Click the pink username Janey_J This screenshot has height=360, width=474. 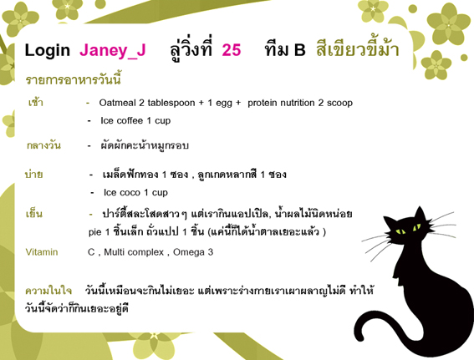tap(113, 50)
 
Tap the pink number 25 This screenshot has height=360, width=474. tap(232, 50)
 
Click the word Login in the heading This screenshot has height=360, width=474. tap(47, 51)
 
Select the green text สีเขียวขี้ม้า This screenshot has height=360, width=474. tap(358, 48)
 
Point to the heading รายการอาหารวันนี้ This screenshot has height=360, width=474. tap(74, 79)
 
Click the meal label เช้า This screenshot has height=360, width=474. tap(35, 102)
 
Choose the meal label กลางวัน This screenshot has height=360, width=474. tap(43, 145)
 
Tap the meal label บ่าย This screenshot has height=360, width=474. tap(33, 174)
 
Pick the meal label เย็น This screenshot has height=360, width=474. tap(33, 213)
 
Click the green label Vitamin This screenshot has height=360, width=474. tap(42, 252)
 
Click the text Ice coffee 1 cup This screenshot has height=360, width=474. tap(135, 121)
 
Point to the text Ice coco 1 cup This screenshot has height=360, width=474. tap(135, 192)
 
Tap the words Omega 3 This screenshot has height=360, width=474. tap(193, 252)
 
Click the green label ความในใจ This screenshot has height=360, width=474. tap(48, 291)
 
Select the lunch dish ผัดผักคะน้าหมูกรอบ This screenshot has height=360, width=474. tap(145, 145)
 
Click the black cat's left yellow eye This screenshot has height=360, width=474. tap(400, 231)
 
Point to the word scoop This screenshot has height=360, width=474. tap(339, 103)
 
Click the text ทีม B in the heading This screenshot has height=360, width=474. tap(285, 49)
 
